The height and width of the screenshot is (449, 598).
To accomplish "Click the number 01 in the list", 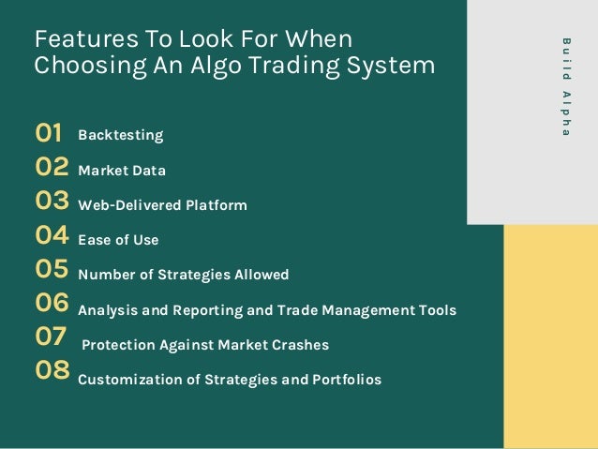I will point(49,134).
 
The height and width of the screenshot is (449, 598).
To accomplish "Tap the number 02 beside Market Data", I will point(52,169).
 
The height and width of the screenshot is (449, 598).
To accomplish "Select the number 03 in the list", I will point(52,202).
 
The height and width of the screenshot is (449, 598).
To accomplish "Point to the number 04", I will point(52,236).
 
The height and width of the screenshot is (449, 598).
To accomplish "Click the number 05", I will point(52,271).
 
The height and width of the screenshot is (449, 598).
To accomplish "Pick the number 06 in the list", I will point(52,305).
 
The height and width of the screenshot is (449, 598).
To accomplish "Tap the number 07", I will point(51,338).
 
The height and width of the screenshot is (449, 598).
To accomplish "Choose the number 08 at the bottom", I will point(52,372).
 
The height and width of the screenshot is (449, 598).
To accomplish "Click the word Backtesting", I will point(120,136).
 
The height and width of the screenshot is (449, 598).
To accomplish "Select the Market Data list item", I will point(122,171).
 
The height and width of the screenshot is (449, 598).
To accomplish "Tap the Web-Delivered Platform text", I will point(162,205).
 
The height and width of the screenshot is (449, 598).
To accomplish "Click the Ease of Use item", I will point(118,240).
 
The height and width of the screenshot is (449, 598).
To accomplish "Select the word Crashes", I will point(300,345).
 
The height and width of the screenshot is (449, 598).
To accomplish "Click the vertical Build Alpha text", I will point(565,86).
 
